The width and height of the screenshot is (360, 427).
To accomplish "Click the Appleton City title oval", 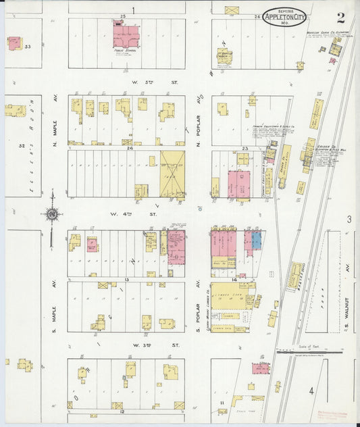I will (284, 16).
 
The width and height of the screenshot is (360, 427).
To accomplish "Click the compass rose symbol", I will (51, 215).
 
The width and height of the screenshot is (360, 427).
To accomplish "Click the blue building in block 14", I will (256, 239).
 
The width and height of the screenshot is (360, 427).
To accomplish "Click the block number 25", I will (123, 14).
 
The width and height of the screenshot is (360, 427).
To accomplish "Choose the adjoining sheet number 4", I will (311, 391).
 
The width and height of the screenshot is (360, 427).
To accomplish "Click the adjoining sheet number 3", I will (349, 219).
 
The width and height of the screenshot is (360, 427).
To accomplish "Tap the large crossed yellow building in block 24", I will (172, 174).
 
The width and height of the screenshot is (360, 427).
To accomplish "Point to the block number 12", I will (122, 411).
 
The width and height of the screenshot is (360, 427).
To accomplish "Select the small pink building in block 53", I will (14, 42).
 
